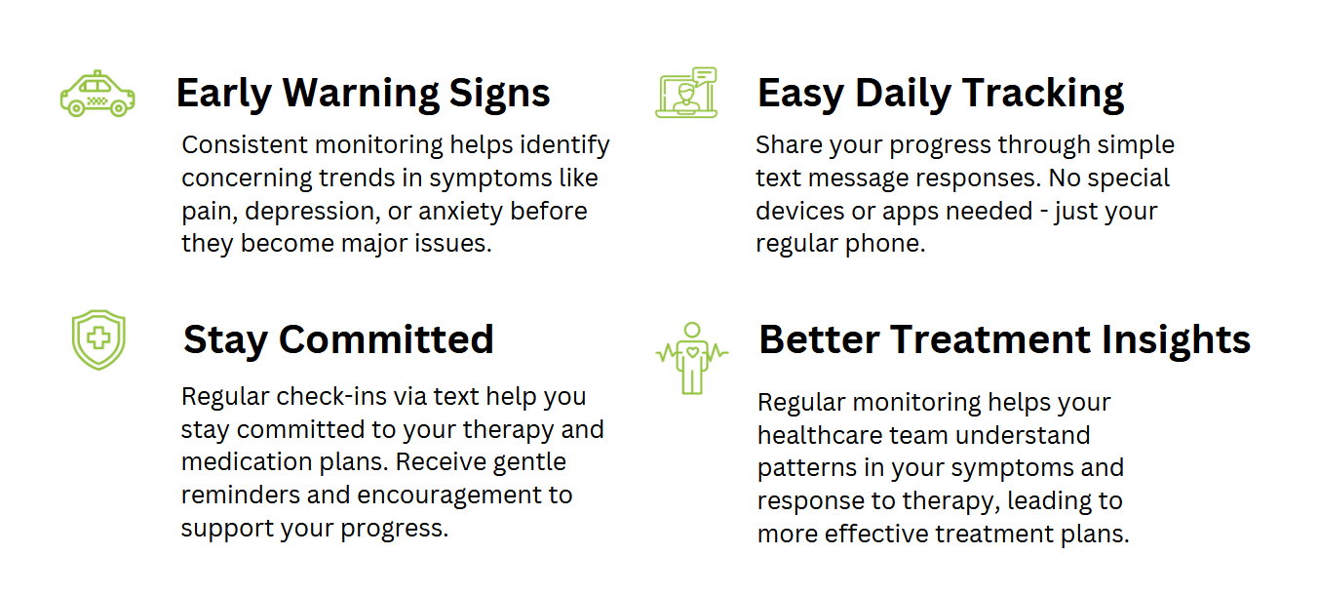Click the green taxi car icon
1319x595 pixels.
tap(97, 94)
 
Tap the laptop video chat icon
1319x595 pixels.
tap(686, 93)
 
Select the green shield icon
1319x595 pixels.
tap(98, 339)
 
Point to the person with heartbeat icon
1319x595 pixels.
tap(692, 358)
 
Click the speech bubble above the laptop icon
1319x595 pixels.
tap(705, 76)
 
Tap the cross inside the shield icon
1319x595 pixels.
tap(98, 338)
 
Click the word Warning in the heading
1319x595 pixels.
tap(361, 93)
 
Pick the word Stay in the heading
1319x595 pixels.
tap(225, 341)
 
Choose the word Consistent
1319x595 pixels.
tap(245, 145)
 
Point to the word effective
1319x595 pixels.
tap(875, 534)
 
